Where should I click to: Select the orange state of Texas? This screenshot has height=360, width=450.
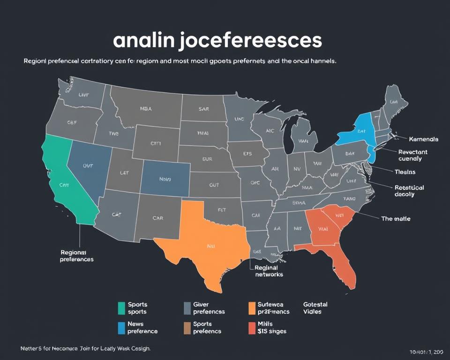click(206, 239)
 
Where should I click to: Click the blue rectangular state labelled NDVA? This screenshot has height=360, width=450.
click(165, 179)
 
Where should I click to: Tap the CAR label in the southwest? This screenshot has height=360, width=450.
click(158, 218)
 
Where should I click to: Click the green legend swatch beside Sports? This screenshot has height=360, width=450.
click(121, 308)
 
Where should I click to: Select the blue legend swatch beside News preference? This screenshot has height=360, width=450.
click(121, 327)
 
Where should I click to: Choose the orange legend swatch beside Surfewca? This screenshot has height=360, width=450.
click(252, 308)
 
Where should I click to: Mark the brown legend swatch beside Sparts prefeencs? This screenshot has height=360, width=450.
click(187, 327)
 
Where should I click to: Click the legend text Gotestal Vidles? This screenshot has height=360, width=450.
click(315, 308)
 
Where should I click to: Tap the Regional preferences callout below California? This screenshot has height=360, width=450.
click(77, 255)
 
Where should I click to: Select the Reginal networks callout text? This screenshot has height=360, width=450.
click(269, 271)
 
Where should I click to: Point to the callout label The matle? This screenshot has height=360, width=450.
click(396, 219)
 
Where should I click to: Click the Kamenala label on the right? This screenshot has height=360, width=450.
click(423, 139)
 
